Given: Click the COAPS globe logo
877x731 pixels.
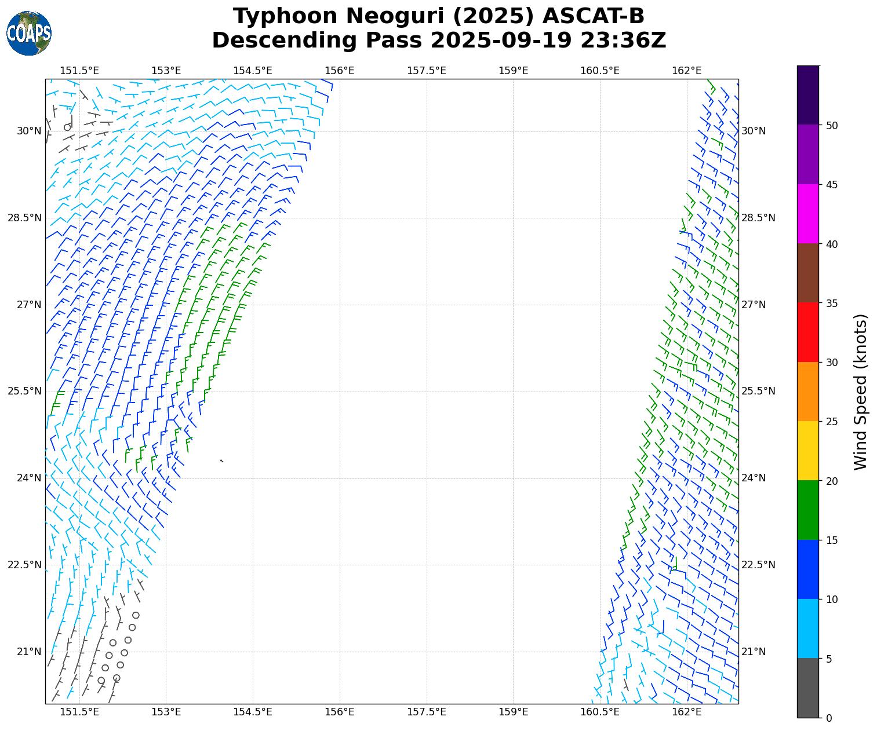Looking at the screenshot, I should pyautogui.click(x=29, y=33).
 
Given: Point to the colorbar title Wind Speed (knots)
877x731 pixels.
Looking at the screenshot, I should pyautogui.click(x=861, y=392).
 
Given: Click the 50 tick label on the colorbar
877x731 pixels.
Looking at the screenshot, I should pyautogui.click(x=832, y=126).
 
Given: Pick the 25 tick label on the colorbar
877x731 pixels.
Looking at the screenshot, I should pyautogui.click(x=832, y=422).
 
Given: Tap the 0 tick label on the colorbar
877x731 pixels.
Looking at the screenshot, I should pyautogui.click(x=829, y=718).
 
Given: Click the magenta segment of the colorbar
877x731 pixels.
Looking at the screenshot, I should pyautogui.click(x=808, y=214).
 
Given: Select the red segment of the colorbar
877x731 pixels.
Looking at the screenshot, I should pyautogui.click(x=808, y=332).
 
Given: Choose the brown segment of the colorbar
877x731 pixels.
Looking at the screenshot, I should pyautogui.click(x=808, y=273).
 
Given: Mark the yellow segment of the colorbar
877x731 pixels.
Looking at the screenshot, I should pyautogui.click(x=808, y=451).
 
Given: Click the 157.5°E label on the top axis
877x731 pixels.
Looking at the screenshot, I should pyautogui.click(x=427, y=71).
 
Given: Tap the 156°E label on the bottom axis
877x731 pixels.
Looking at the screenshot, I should pyautogui.click(x=340, y=712).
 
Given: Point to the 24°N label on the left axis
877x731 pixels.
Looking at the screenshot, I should pyautogui.click(x=29, y=478).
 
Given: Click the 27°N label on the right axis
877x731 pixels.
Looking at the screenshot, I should pyautogui.click(x=754, y=305).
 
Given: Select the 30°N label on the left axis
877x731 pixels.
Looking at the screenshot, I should pyautogui.click(x=29, y=131).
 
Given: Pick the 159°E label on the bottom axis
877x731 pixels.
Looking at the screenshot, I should pyautogui.click(x=513, y=712).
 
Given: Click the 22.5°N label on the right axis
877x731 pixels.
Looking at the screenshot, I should pyautogui.click(x=758, y=565).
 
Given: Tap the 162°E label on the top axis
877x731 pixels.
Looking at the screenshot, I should pyautogui.click(x=687, y=71).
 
